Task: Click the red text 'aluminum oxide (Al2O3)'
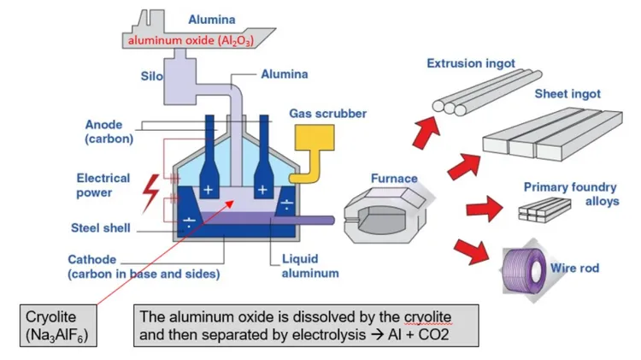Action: (195, 40)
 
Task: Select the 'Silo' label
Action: (150, 76)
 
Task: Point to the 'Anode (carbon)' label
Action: (103, 131)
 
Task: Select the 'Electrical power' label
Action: (103, 186)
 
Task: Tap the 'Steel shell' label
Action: (100, 228)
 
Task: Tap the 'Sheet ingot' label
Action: (567, 94)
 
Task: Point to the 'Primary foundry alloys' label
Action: (565, 193)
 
